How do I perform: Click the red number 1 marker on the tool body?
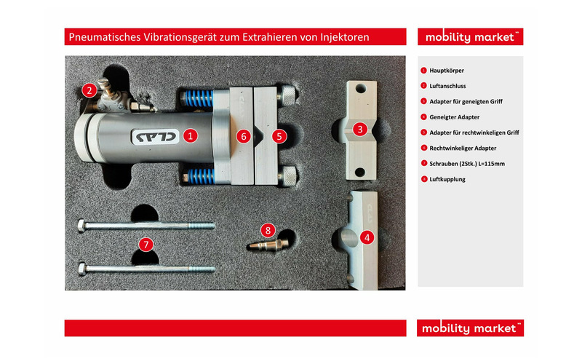pos(191,136)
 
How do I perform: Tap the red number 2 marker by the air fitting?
pos(89,90)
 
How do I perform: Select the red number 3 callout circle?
pos(359,130)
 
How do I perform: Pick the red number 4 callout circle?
pos(367,237)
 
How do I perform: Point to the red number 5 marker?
pos(279,136)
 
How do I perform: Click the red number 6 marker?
pos(244,136)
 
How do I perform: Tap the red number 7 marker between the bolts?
pos(146,245)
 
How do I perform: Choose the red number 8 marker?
pos(268,230)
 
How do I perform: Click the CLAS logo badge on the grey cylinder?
pos(156,137)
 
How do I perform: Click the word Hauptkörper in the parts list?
pos(447,71)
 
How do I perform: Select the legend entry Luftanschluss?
pos(447,86)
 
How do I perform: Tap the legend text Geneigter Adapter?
pos(454,117)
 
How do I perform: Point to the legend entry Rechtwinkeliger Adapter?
pos(463,149)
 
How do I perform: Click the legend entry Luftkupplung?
pos(447,179)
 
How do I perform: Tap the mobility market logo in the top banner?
pos(470,37)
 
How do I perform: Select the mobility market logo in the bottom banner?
pos(470,328)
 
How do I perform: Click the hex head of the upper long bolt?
pos(81,226)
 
